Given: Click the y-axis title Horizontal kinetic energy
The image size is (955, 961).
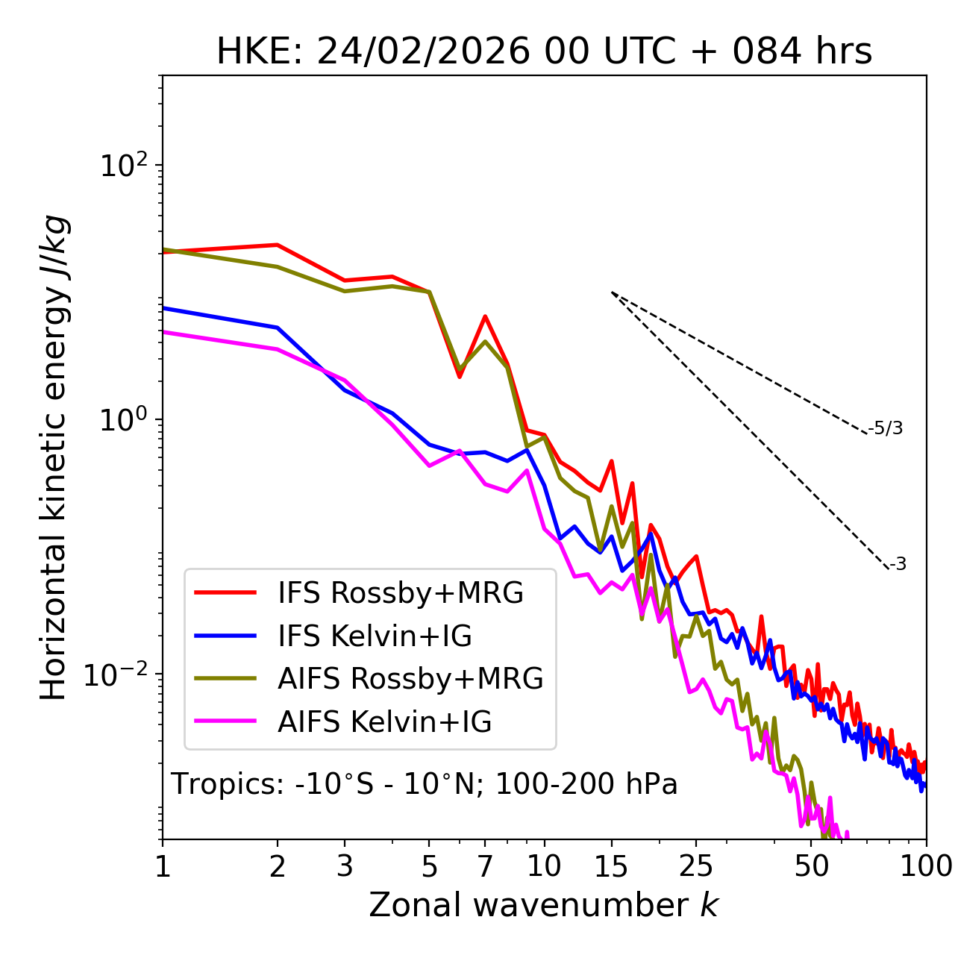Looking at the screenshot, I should click(54, 457).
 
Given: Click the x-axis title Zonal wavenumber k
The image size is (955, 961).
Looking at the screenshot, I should click(543, 904).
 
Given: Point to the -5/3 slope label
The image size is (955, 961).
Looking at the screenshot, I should click(886, 428).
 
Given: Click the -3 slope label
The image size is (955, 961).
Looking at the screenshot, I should click(898, 565).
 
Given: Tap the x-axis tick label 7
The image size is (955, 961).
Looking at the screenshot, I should click(485, 866).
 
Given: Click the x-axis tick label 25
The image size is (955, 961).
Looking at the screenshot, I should click(696, 866).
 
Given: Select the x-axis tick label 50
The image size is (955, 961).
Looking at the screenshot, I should click(812, 866).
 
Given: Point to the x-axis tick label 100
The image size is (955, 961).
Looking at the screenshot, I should click(926, 866).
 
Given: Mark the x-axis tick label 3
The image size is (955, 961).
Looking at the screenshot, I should click(344, 866).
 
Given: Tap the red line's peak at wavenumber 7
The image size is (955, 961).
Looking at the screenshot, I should click(485, 316).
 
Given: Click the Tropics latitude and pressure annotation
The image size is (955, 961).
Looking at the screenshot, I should click(424, 785).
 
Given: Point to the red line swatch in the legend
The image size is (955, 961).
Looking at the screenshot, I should click(225, 593).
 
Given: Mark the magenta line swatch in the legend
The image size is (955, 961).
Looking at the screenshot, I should click(225, 722).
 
